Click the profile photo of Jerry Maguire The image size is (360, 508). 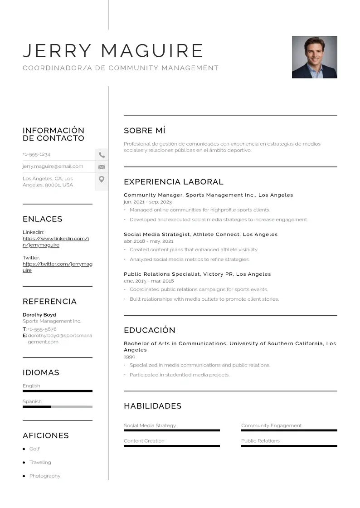point(314,57)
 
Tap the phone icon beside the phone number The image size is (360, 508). point(102,155)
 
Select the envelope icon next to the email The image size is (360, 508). point(102,167)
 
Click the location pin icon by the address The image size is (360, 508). point(102,179)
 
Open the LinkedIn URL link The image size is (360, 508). point(55,242)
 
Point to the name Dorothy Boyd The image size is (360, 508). point(39,315)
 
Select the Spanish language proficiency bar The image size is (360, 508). point(57,406)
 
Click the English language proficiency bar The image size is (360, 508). point(57,391)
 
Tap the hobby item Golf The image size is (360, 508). point(34,449)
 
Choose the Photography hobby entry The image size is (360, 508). point(44,476)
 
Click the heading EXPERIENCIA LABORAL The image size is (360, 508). point(174,182)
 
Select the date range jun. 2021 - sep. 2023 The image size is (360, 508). point(148,202)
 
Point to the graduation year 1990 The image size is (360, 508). point(130,357)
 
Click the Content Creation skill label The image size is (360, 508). point(144,441)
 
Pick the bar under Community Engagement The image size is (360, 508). point(289,430)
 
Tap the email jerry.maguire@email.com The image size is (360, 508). point(53,166)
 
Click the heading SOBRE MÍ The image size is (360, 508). point(145,131)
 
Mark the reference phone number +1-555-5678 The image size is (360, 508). point(42,329)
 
